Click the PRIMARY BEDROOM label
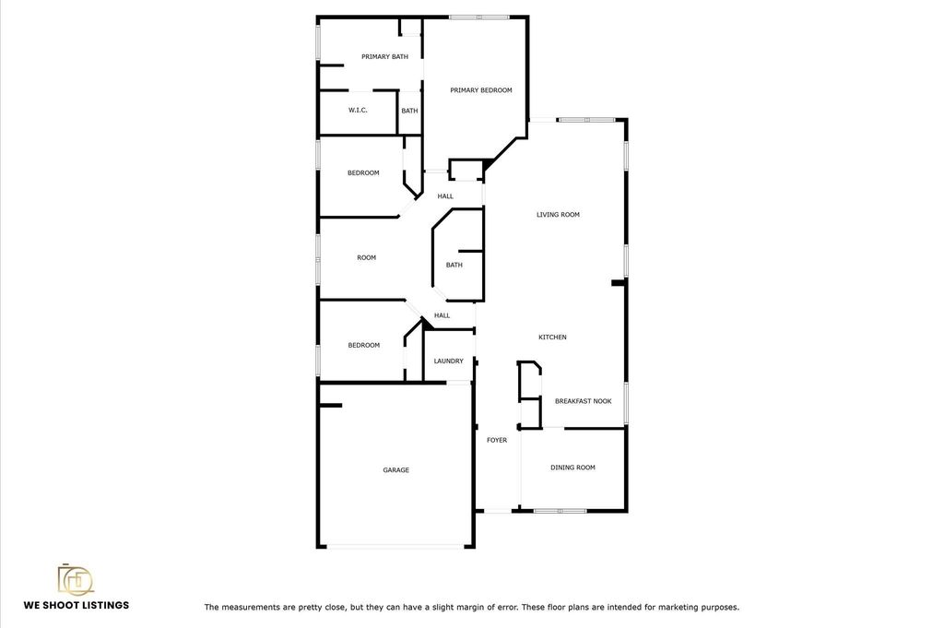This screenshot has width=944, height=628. (x=481, y=90)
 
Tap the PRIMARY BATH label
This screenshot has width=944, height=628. (x=384, y=56)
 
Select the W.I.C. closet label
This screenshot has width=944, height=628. (x=358, y=110)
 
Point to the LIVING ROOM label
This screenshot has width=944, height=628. (x=558, y=214)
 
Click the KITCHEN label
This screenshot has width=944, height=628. (x=552, y=338)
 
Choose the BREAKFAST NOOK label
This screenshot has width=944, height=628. (x=584, y=401)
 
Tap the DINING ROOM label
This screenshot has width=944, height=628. (x=572, y=468)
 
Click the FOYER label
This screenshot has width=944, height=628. (x=497, y=440)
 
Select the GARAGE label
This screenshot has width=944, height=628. (x=396, y=470)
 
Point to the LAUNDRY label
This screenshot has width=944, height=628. (x=449, y=361)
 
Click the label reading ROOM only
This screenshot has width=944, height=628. (x=366, y=257)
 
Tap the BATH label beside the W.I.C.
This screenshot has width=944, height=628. (x=409, y=111)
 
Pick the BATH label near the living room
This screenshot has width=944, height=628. (x=454, y=265)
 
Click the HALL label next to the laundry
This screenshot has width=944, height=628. (x=442, y=315)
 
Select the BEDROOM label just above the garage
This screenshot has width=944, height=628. (x=363, y=346)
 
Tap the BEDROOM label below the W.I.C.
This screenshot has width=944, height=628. (x=363, y=173)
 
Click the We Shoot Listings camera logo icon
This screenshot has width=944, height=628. (x=76, y=578)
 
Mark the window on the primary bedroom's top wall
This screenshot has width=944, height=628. (x=479, y=17)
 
